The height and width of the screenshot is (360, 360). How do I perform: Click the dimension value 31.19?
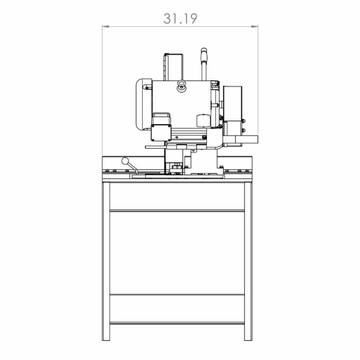(x=180, y=19)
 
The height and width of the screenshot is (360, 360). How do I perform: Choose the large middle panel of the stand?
(x=177, y=252)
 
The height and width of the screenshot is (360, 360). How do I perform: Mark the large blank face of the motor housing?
(x=180, y=105)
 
